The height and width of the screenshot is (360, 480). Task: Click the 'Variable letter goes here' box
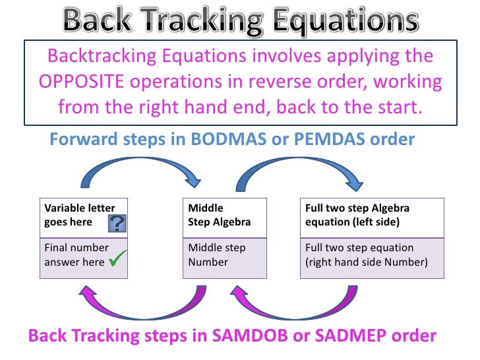[x=84, y=216]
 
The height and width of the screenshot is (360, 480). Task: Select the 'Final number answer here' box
[x=84, y=255]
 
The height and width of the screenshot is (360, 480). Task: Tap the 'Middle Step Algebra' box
[x=224, y=216]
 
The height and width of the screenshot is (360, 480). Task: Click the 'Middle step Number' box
[x=224, y=255]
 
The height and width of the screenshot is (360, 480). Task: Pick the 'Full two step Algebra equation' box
[x=370, y=216]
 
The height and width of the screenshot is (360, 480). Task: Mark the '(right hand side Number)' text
[x=366, y=262]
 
